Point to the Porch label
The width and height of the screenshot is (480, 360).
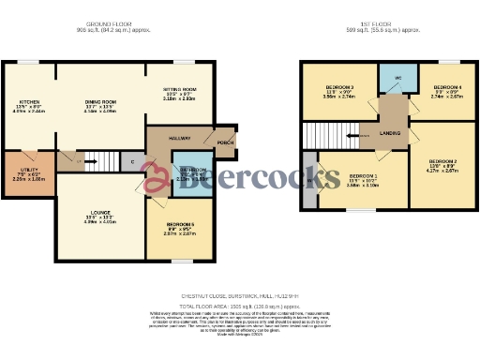[224, 142]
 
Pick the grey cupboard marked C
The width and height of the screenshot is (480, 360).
[132, 161]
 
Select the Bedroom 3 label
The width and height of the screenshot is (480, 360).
[338, 88]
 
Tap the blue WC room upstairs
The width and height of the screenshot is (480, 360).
[397, 78]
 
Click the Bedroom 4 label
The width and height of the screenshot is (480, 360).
[445, 88]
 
